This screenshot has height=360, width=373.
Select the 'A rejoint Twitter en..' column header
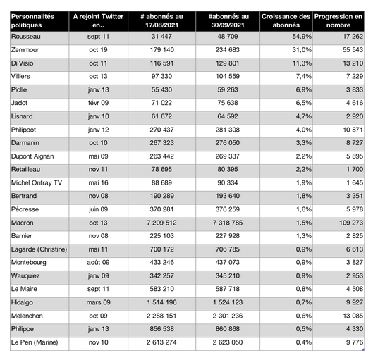click(98, 21)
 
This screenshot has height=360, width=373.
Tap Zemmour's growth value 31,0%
click(302, 50)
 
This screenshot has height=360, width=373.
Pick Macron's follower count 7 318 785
click(228, 223)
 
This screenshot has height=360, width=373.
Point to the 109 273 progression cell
click(351, 223)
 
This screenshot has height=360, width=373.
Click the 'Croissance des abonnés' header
click(286, 21)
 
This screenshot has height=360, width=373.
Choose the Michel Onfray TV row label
click(37, 183)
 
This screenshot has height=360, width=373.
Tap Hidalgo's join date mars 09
click(98, 302)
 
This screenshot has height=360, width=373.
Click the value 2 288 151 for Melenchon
click(161, 316)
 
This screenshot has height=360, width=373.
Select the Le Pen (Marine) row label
click(35, 342)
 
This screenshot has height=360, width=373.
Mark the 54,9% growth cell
click(302, 37)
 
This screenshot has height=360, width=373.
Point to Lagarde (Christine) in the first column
click(39, 249)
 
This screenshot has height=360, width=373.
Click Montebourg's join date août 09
click(98, 263)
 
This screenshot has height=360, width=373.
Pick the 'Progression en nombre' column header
click(338, 21)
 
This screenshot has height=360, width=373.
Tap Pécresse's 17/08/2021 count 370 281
click(161, 209)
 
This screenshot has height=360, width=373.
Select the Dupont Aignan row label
click(32, 156)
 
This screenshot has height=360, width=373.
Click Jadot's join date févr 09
click(98, 103)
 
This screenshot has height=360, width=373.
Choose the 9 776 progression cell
click(355, 342)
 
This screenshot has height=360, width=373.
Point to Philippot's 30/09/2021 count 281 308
click(228, 130)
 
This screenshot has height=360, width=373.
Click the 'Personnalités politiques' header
click(32, 21)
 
